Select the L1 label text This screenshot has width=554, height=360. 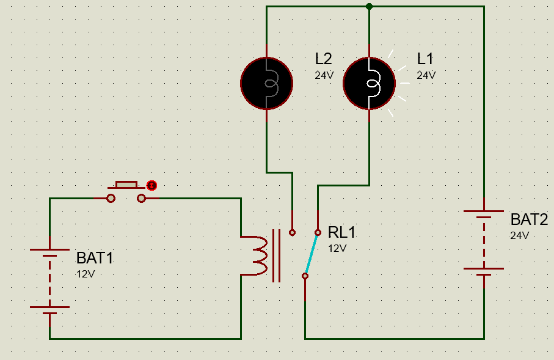click(425, 59)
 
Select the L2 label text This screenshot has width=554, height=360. click(324, 59)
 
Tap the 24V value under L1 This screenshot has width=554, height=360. click(426, 75)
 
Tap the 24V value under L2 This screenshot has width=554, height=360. click(324, 75)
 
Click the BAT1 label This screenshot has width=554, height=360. click(95, 258)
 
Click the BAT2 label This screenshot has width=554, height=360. click(529, 220)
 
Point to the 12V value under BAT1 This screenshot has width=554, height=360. click(86, 273)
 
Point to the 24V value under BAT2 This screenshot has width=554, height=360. click(519, 235)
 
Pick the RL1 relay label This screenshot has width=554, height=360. click(341, 233)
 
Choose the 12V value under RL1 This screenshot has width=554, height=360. click(337, 248)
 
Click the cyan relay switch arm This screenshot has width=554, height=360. click(312, 254)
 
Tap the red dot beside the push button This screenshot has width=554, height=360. click(152, 185)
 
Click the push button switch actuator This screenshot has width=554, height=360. click(126, 184)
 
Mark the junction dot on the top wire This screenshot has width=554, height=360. click(369, 6)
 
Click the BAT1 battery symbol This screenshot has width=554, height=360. click(49, 281)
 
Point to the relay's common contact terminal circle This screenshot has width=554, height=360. click(305, 276)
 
